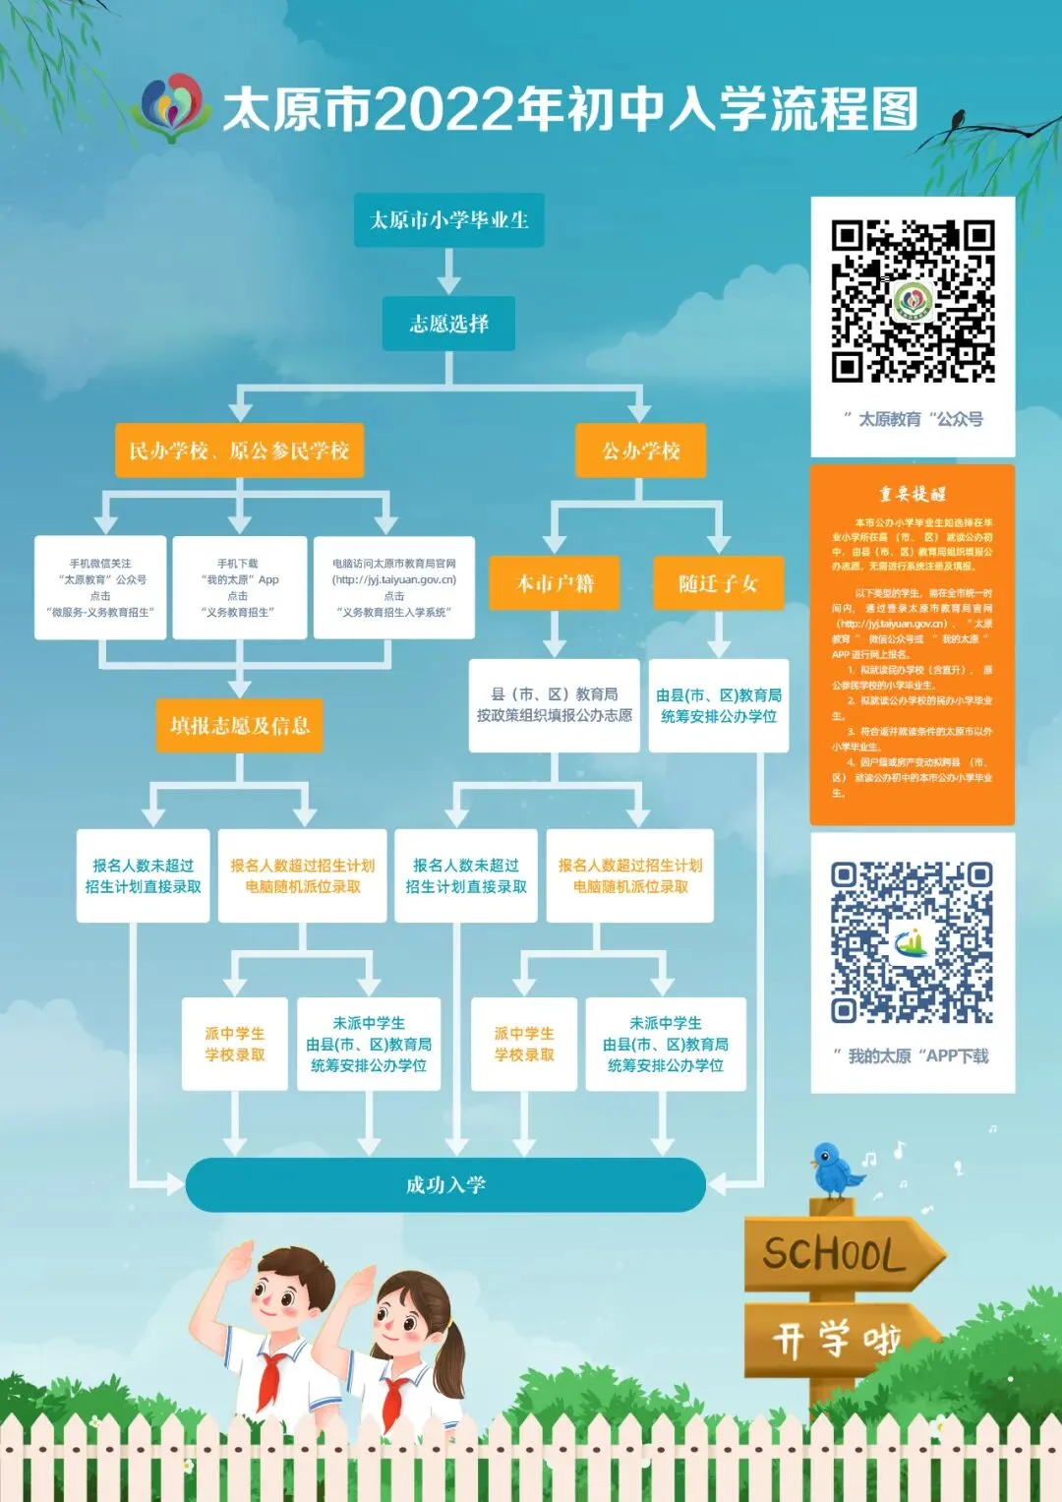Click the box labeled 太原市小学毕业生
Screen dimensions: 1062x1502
click(x=448, y=220)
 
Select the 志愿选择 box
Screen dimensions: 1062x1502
click(x=448, y=324)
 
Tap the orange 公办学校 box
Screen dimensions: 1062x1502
click(x=641, y=451)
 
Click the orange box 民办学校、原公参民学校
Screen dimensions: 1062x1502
click(x=239, y=451)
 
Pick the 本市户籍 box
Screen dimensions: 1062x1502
click(x=556, y=583)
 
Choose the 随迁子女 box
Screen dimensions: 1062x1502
click(x=719, y=583)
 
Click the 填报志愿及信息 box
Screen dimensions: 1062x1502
click(x=239, y=726)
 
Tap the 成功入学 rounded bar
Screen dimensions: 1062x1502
click(x=445, y=1184)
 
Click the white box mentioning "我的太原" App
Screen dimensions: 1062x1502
click(x=239, y=587)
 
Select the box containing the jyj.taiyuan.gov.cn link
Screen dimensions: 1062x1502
click(x=393, y=587)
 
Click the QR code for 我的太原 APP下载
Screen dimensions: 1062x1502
click(x=912, y=942)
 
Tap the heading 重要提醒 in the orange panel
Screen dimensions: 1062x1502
click(x=912, y=494)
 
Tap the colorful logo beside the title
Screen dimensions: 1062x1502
click(x=172, y=106)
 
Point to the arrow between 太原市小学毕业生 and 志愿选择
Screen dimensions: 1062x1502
click(x=448, y=271)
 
